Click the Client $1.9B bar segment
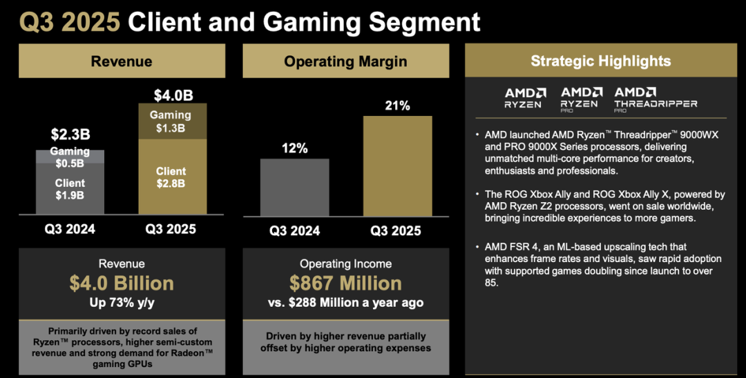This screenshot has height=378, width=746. pos(70,189)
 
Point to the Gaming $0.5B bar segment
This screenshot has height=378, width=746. pos(70,157)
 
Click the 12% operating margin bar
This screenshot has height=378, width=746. pos(294,186)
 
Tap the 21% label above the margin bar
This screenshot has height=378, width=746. pos(396,106)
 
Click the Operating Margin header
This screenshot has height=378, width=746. pos(345,61)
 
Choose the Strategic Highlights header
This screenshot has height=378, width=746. pos(600,61)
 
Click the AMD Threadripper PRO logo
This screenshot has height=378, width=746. pos(655,99)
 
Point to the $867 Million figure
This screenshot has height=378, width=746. pos(345,283)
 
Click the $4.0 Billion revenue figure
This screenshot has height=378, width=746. pos(122,283)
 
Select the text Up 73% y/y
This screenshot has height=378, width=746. pos(122,303)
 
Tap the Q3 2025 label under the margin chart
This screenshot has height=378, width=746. pos(396,230)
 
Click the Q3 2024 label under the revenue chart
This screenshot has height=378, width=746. pos(70,229)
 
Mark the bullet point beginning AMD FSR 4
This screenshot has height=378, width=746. pos(598,264)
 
